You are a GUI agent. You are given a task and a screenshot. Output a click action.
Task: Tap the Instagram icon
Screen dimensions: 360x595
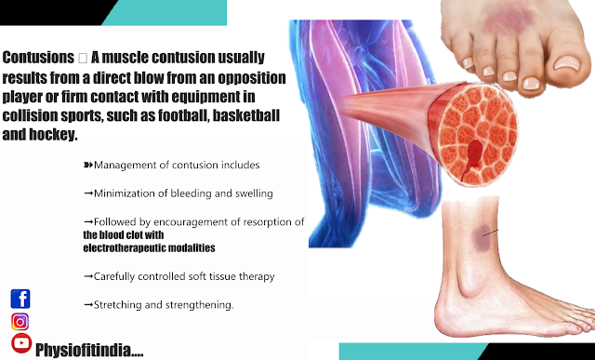(x=20, y=321)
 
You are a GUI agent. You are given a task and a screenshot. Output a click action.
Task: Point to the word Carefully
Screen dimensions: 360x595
(x=117, y=276)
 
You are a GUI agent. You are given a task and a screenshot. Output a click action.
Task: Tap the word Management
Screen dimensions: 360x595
(x=128, y=165)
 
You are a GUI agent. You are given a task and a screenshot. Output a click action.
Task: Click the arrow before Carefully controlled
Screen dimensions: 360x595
(x=88, y=276)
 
